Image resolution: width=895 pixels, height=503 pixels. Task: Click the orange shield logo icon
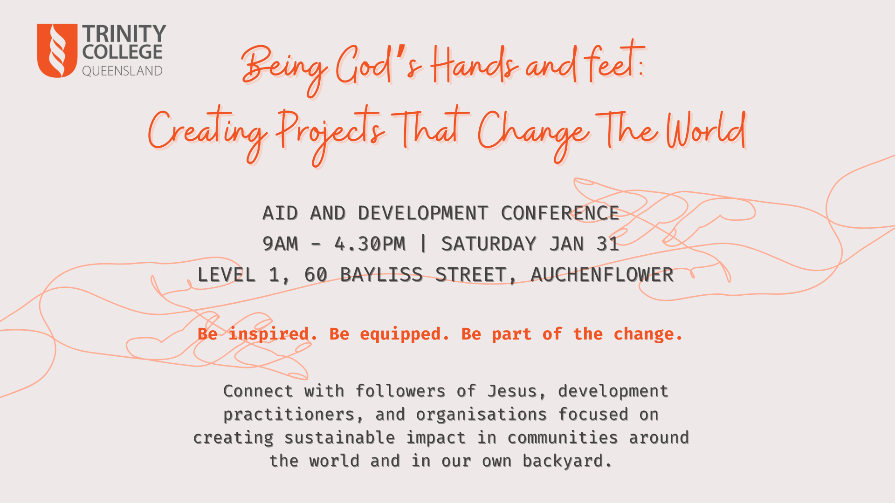tap(57, 50)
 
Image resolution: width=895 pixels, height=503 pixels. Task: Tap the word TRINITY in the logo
tap(124, 34)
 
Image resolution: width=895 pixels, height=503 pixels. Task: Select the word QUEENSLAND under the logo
tap(122, 71)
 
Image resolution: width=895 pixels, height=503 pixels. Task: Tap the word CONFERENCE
tap(560, 213)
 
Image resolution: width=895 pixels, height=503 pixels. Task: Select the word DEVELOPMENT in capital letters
tap(423, 213)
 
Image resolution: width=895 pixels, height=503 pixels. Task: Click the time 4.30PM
tap(370, 244)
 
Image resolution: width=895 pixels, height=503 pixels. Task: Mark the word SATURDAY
tap(489, 244)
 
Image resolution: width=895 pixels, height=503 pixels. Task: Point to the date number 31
tap(608, 244)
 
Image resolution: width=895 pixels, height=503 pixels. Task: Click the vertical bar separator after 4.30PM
tap(423, 244)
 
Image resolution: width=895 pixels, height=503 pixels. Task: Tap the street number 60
tap(316, 275)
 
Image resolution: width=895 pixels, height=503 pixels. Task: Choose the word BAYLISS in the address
tap(381, 275)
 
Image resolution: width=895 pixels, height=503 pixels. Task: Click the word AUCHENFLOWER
tap(602, 275)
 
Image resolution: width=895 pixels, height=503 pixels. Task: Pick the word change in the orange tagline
tap(648, 334)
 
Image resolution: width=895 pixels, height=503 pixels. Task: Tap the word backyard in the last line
tap(567, 461)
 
